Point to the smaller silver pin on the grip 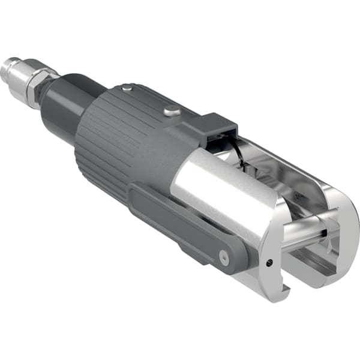tap(126, 89)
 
